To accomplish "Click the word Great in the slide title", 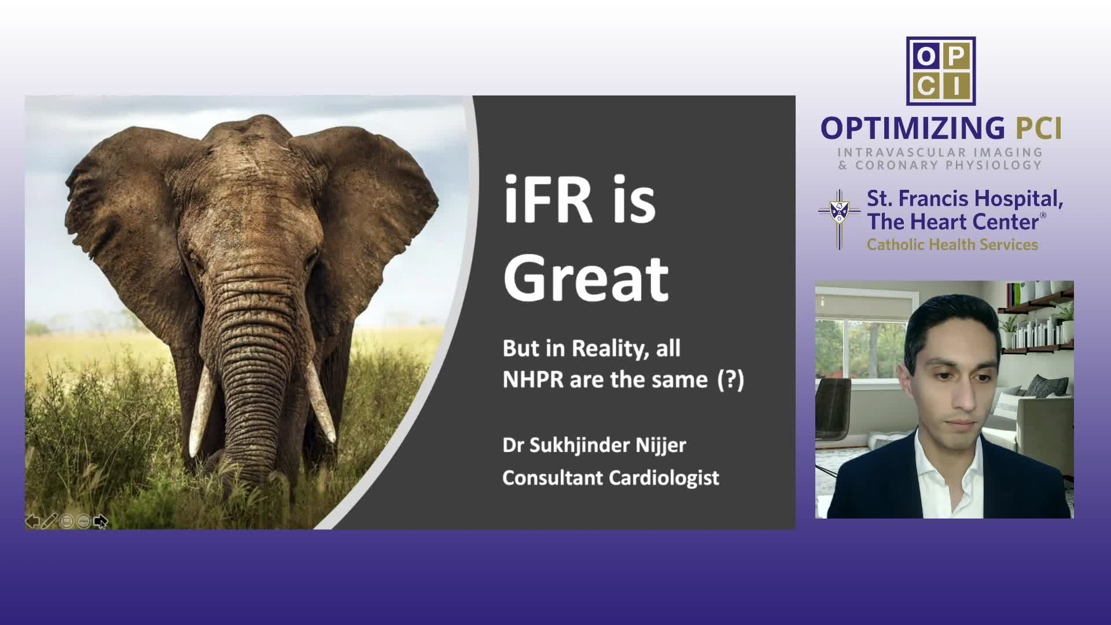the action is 586,279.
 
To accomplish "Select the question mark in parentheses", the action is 731,380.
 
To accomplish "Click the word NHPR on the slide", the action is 533,380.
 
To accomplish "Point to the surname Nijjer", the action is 661,446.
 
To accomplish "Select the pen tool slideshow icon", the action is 49,521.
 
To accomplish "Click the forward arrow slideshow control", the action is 100,521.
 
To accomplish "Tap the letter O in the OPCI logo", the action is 926,56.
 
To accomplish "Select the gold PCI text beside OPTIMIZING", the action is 1039,128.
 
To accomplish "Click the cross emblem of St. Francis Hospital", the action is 839,219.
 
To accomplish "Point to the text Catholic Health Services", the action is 952,245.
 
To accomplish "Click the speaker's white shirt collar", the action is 946,463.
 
